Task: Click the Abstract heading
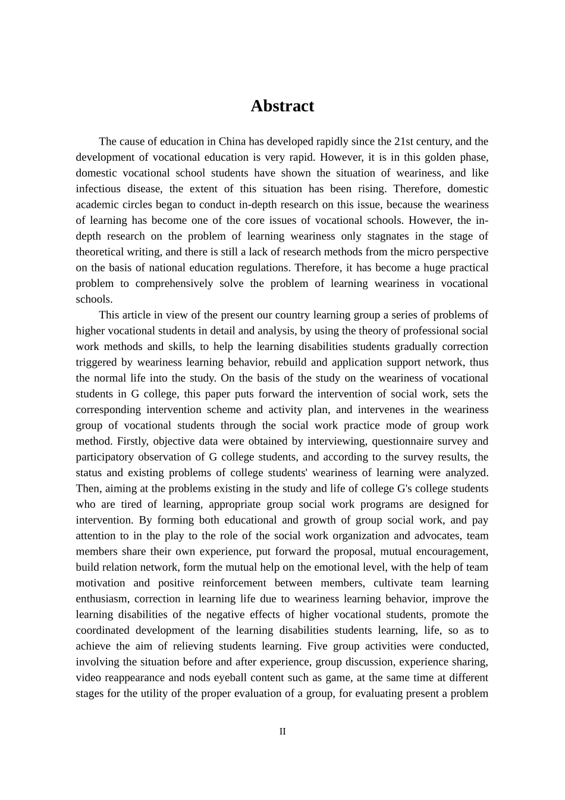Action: pos(282,106)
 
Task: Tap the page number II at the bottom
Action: pos(282,732)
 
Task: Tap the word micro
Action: pos(404,252)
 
